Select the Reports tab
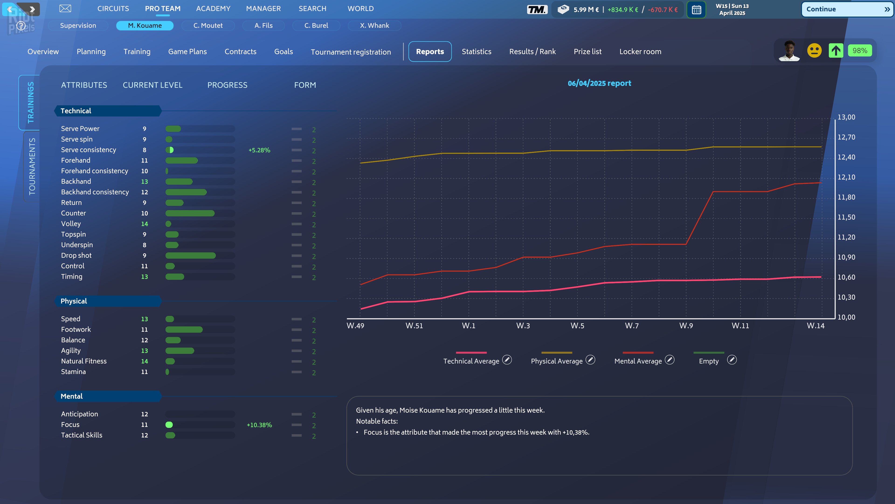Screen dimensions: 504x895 pyautogui.click(x=430, y=52)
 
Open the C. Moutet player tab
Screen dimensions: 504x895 pyautogui.click(x=208, y=25)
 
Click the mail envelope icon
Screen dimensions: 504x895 pyautogui.click(x=65, y=9)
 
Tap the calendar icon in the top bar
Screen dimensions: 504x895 pyautogui.click(x=696, y=10)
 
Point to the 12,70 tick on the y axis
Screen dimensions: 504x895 pyautogui.click(x=846, y=137)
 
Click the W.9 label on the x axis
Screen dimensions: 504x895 pyautogui.click(x=686, y=326)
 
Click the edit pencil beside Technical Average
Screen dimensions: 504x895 pyautogui.click(x=507, y=360)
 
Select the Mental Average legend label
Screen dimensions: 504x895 pyautogui.click(x=638, y=361)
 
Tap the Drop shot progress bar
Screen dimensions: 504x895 pyautogui.click(x=200, y=256)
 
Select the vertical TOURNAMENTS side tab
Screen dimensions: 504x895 pyautogui.click(x=32, y=166)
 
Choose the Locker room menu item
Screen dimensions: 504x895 pyautogui.click(x=640, y=52)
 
